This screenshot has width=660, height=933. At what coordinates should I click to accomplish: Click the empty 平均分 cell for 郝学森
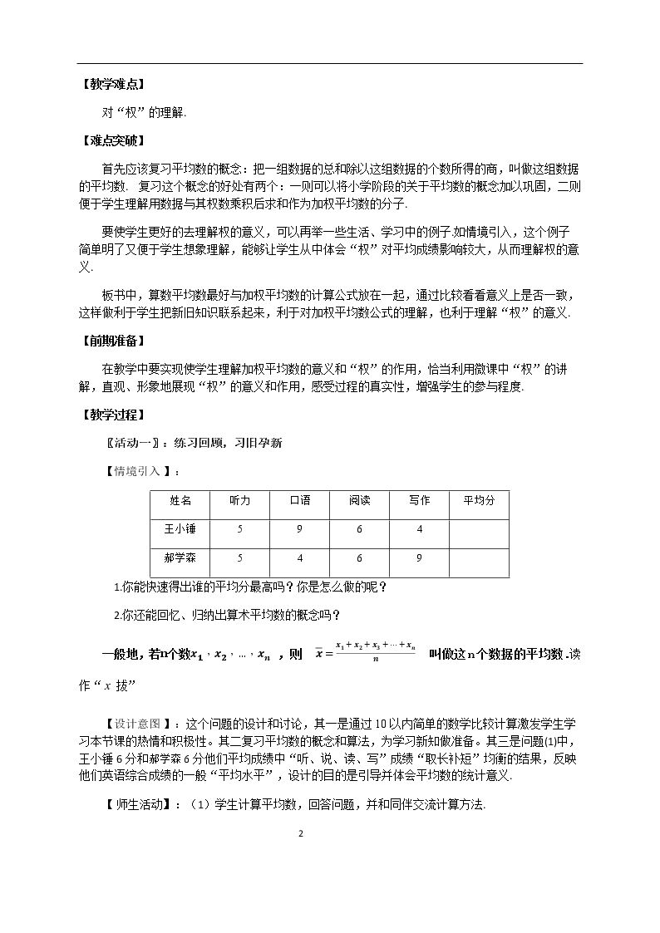(479, 561)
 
